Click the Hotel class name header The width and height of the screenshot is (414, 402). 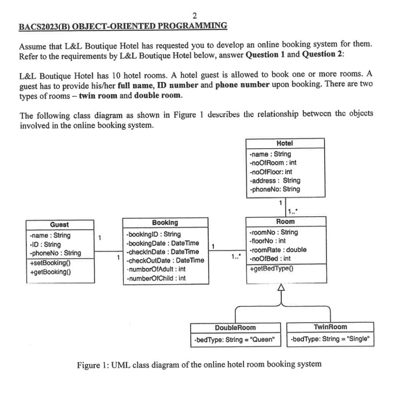point(285,143)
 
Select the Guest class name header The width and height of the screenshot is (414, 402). point(59,225)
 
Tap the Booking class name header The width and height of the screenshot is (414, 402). point(165,223)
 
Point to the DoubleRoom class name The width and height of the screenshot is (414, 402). point(235,327)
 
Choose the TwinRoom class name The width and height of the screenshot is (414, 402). point(330,327)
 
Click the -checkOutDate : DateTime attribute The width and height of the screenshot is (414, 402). point(165,260)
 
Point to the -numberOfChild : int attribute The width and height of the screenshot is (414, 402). point(156,278)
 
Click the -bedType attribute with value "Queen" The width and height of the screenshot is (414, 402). point(235,339)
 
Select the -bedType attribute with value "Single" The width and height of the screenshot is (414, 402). point(330,339)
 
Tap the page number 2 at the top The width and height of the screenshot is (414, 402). point(194,16)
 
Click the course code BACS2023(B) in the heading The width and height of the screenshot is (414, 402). point(44,26)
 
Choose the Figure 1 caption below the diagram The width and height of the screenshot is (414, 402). point(199,364)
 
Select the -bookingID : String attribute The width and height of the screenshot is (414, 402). point(153,234)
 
